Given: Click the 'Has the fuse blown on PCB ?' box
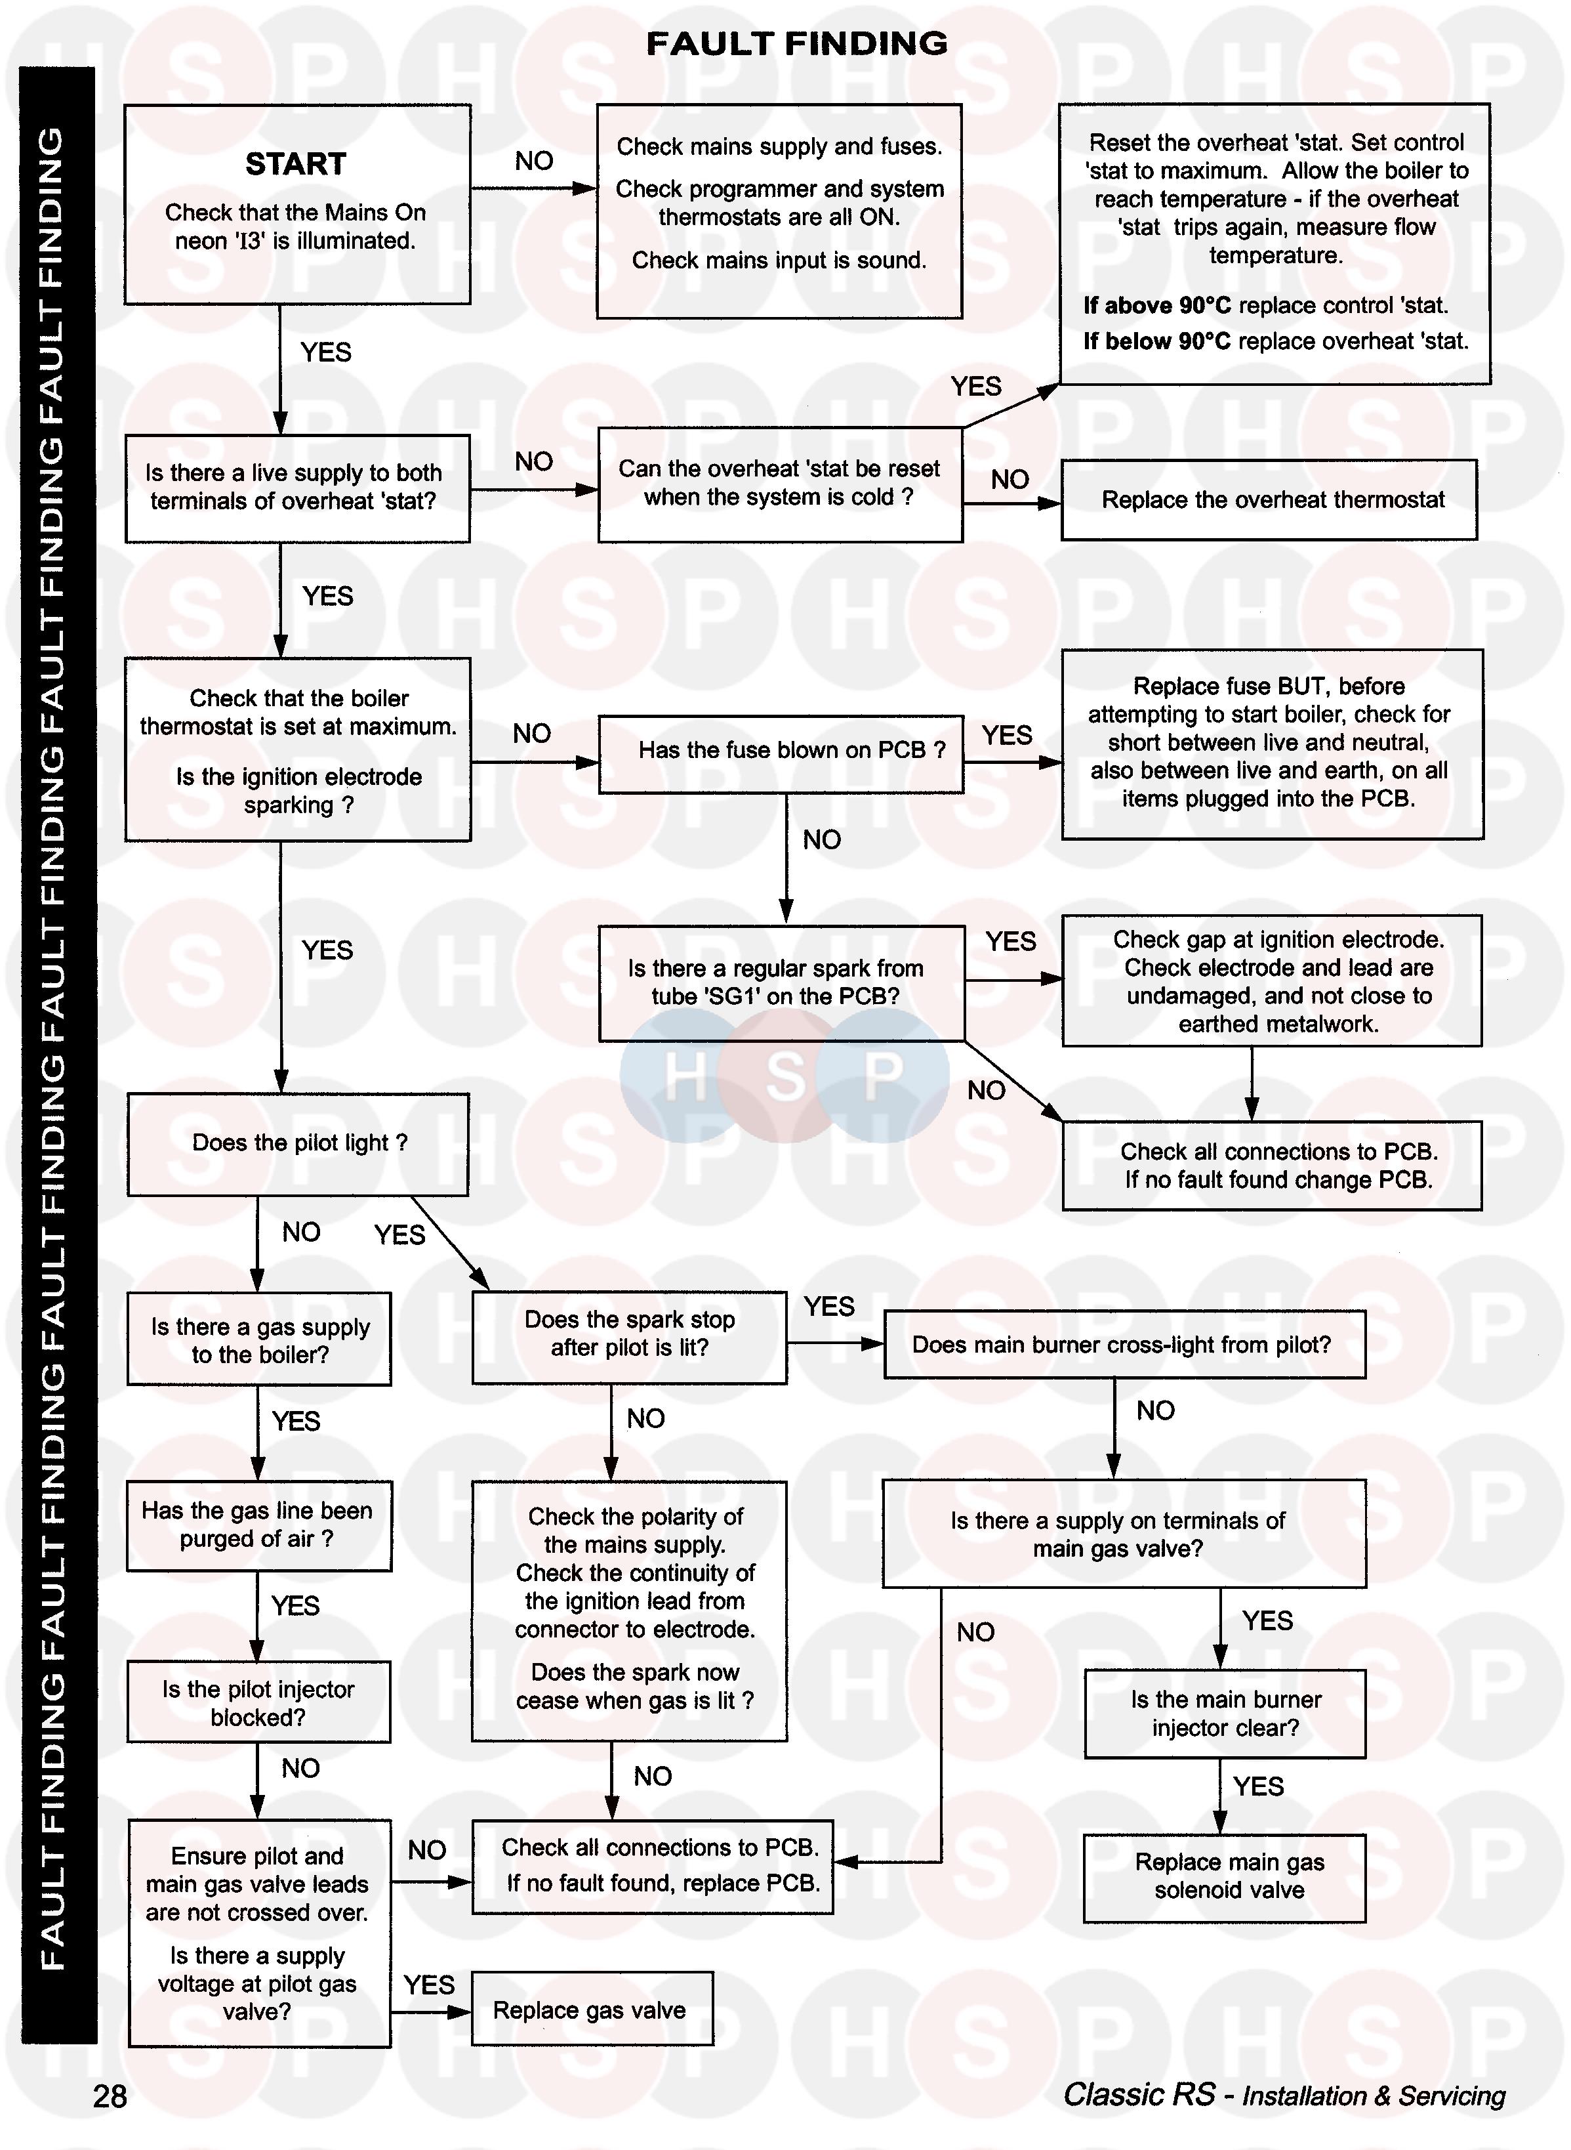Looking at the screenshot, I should (781, 751).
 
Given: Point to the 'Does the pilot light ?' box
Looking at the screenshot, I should (298, 1143).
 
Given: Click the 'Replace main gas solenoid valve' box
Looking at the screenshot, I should (1225, 1876).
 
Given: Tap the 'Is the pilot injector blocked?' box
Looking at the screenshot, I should (258, 1703).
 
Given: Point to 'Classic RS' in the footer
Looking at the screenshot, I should (1139, 2095).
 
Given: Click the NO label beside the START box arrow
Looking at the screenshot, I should (533, 161).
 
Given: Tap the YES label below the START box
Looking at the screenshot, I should (326, 353).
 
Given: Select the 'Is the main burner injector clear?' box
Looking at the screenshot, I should (1225, 1714).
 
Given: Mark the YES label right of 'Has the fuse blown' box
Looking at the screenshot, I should (1007, 736).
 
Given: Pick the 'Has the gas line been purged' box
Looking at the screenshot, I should (258, 1525).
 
